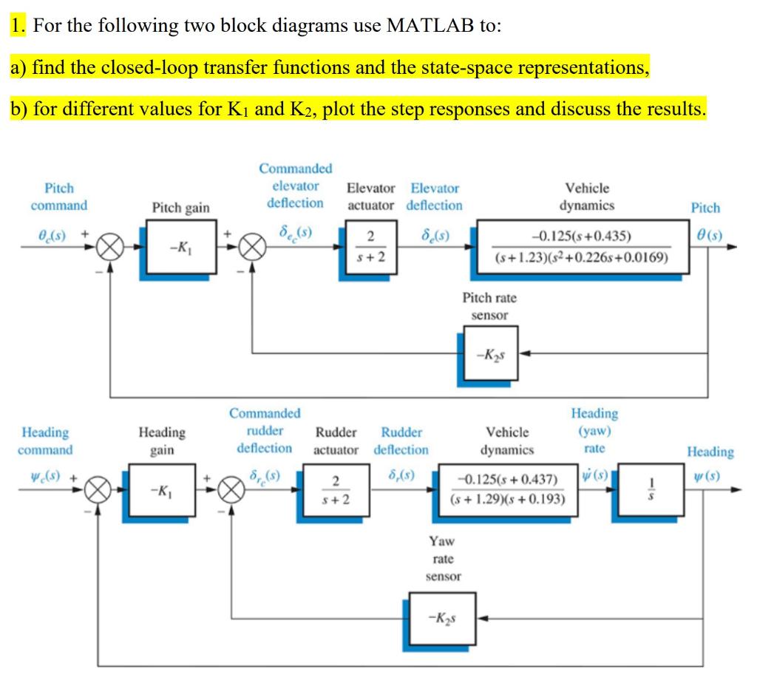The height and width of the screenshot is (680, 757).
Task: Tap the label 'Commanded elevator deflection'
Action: pos(295,186)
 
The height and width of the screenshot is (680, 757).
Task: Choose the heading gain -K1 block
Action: pos(162,489)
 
